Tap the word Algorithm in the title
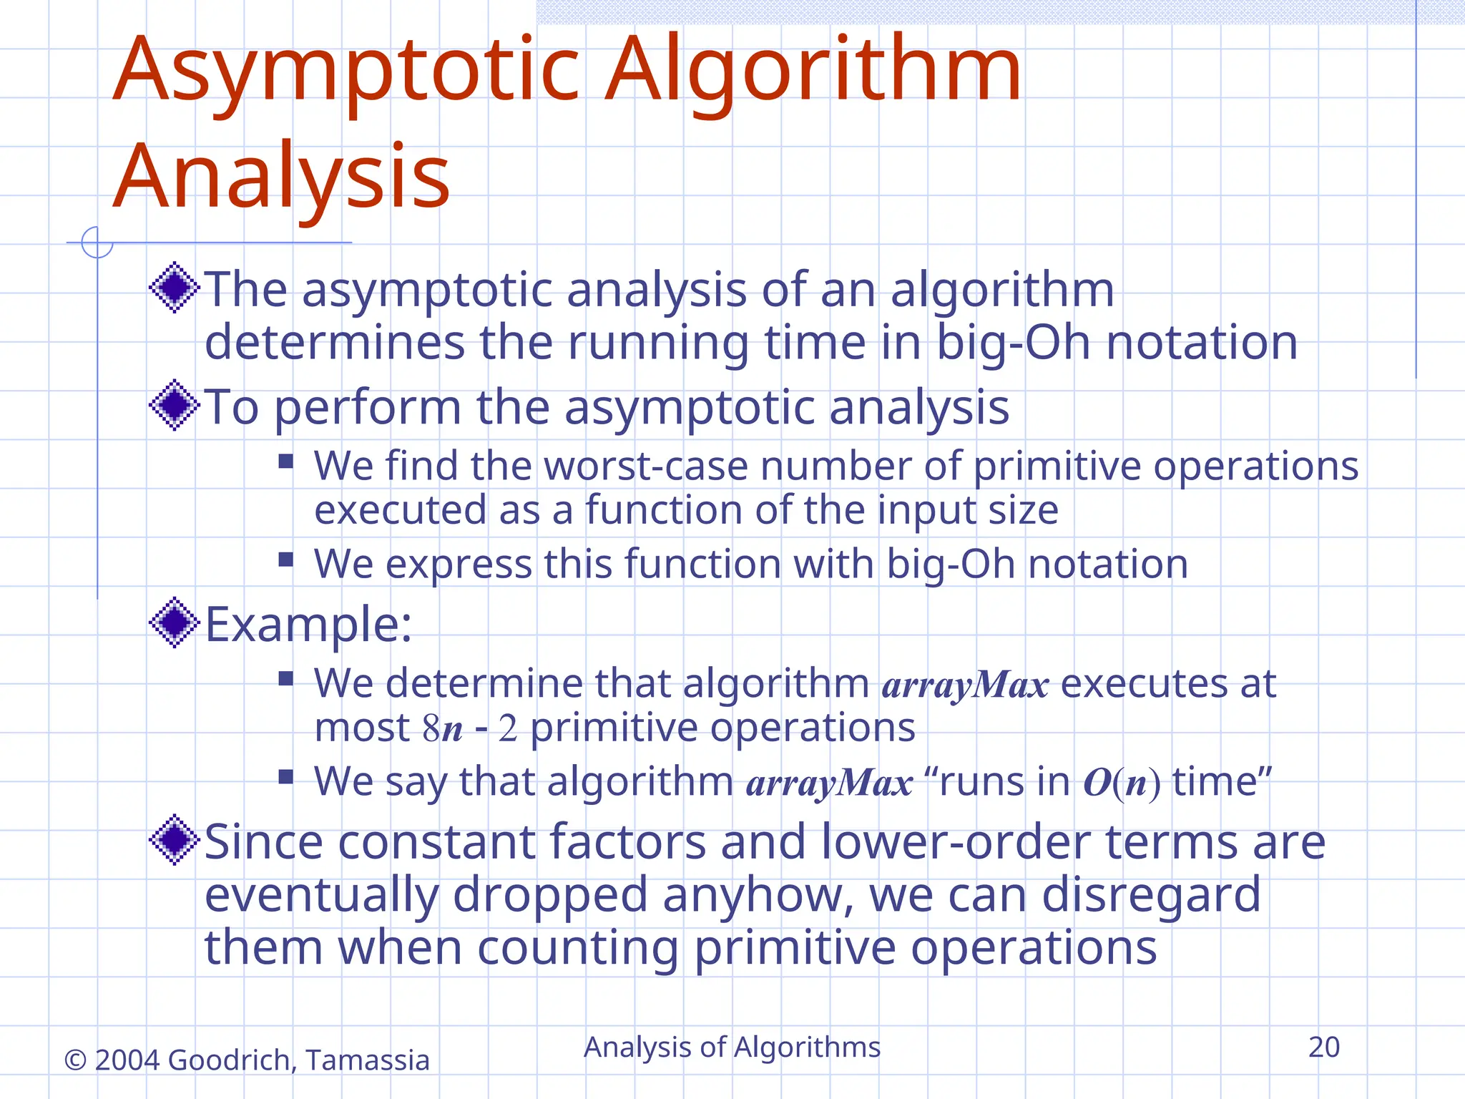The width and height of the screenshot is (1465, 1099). click(813, 72)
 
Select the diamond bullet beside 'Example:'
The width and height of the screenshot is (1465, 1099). click(174, 622)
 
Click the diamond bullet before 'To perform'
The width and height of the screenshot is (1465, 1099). click(174, 406)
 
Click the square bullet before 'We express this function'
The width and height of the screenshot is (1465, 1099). click(286, 559)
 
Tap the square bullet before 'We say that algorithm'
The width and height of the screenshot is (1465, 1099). click(286, 776)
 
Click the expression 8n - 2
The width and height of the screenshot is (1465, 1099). click(469, 729)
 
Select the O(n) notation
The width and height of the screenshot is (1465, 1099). click(1122, 782)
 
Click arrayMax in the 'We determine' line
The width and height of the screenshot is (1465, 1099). click(965, 685)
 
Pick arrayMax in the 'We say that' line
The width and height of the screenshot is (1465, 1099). click(829, 783)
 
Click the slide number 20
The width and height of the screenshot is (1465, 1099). click(1323, 1047)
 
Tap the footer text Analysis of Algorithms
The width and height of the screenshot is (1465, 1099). click(732, 1047)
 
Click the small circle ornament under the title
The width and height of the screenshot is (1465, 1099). click(97, 242)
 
